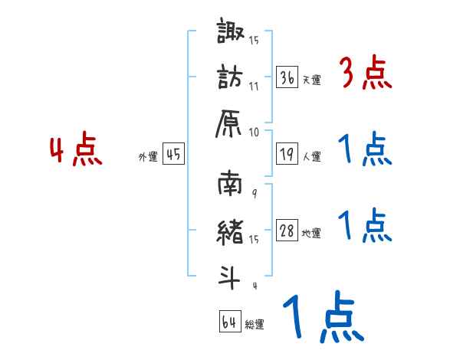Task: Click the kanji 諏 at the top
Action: coord(232,34)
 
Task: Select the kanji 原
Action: coord(232,123)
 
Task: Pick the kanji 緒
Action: coord(232,231)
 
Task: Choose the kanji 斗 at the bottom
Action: coord(232,274)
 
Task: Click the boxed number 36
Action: coord(287,77)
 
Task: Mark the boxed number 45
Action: coord(173,154)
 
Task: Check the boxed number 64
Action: coord(228,322)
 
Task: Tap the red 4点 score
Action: coord(75,150)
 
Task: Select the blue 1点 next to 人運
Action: coord(364,149)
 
